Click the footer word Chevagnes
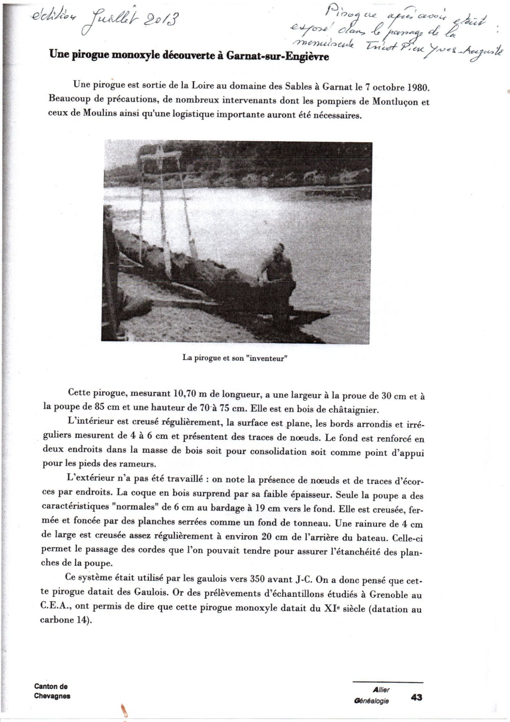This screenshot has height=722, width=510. coord(52,696)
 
